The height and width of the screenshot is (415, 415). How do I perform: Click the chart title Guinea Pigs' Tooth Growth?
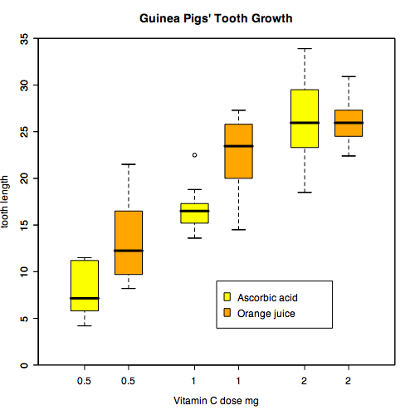pyautogui.click(x=216, y=18)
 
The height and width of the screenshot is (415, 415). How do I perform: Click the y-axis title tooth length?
pyautogui.click(x=7, y=202)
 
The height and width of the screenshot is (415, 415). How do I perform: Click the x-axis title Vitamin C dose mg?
pyautogui.click(x=216, y=401)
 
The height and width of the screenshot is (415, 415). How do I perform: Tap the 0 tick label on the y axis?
pyautogui.click(x=25, y=365)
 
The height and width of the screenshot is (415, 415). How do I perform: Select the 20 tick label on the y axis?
pyautogui.click(x=25, y=178)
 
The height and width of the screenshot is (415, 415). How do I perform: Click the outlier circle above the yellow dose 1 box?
pyautogui.click(x=195, y=154)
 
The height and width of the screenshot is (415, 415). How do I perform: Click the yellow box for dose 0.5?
pyautogui.click(x=85, y=286)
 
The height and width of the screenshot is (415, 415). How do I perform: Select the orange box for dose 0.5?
pyautogui.click(x=129, y=242)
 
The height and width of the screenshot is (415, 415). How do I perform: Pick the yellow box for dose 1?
pyautogui.click(x=195, y=213)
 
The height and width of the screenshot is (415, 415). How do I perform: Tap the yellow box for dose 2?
pyautogui.click(x=305, y=118)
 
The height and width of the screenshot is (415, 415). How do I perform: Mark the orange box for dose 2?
pyautogui.click(x=349, y=123)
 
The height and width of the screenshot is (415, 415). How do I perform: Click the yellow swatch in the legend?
pyautogui.click(x=227, y=296)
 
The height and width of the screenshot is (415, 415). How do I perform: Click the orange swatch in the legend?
pyautogui.click(x=227, y=313)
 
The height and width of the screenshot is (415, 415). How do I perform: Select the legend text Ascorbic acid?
pyautogui.click(x=267, y=297)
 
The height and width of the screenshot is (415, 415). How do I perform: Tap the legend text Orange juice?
pyautogui.click(x=266, y=314)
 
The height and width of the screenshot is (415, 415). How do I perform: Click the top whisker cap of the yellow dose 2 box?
pyautogui.click(x=305, y=49)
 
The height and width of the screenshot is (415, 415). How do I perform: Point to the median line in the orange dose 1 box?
pyautogui.click(x=239, y=146)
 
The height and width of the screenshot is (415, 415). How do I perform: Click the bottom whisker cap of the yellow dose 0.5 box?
pyautogui.click(x=85, y=325)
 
